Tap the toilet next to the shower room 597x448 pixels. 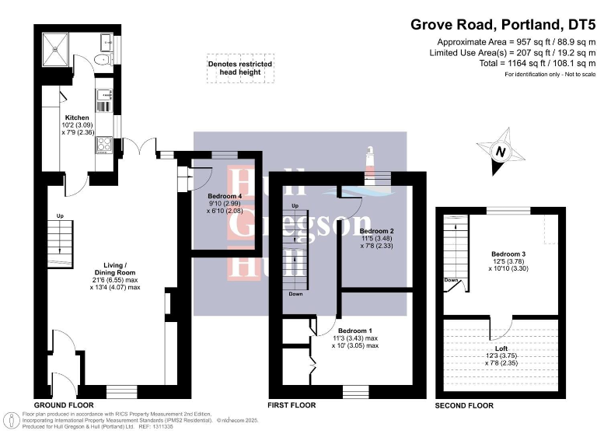tap(101, 60)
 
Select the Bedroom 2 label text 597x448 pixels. tap(375, 231)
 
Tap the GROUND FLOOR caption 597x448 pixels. tap(64, 405)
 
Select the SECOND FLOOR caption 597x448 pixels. tap(465, 406)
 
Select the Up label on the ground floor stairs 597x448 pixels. tap(58, 216)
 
